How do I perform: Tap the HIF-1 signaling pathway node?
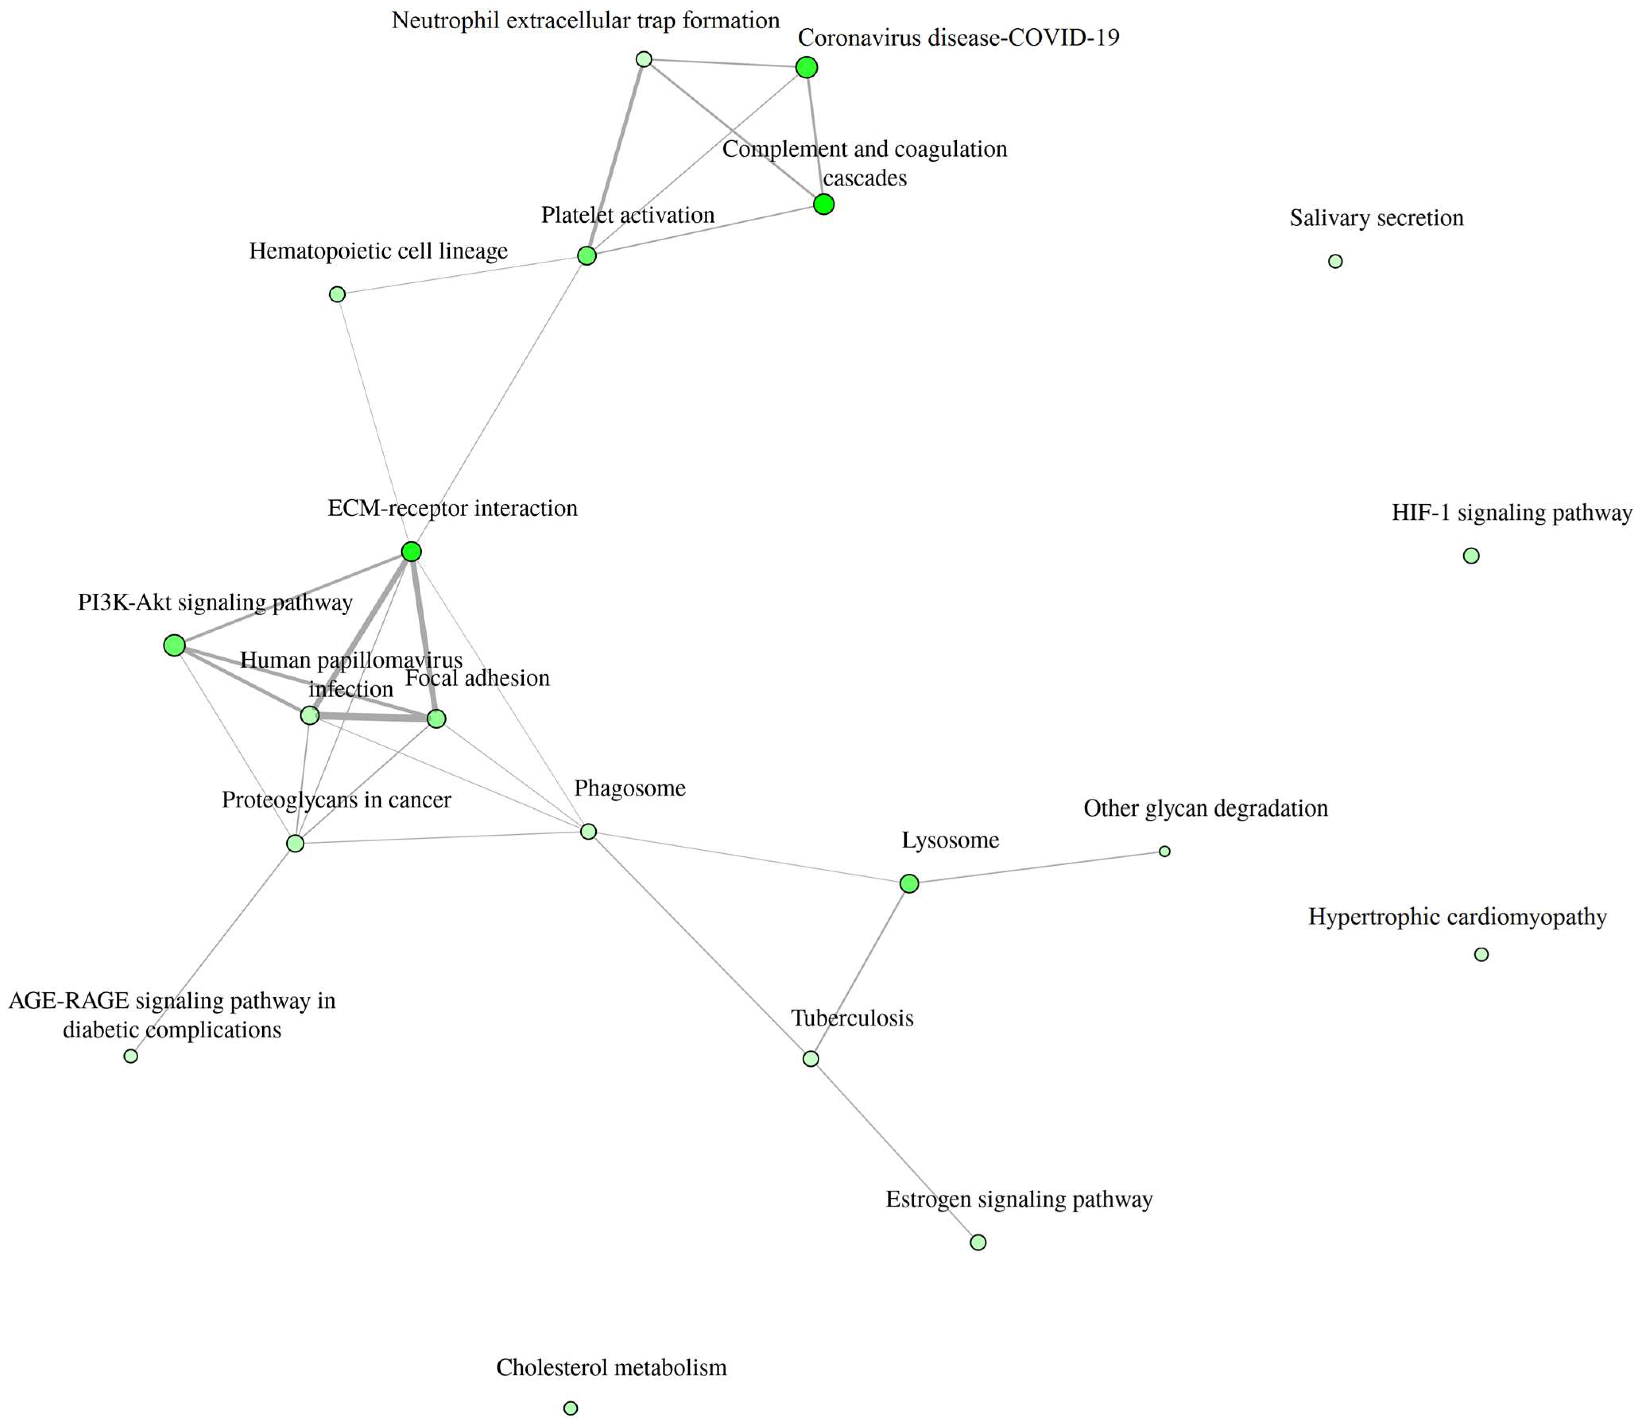[1471, 556]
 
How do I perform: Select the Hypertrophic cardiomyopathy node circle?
[1481, 954]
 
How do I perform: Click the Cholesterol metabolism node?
[570, 1408]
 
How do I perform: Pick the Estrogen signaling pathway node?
[979, 1242]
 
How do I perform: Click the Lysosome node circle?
[909, 883]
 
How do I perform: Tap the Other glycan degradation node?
[1165, 851]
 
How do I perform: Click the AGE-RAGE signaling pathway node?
[131, 1056]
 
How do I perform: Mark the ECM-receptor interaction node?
[410, 551]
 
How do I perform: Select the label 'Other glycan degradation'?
[1205, 808]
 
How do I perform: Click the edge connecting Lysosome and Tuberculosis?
[860, 970]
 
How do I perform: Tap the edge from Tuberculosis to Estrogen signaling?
[894, 1150]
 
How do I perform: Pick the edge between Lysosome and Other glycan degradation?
[1037, 867]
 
